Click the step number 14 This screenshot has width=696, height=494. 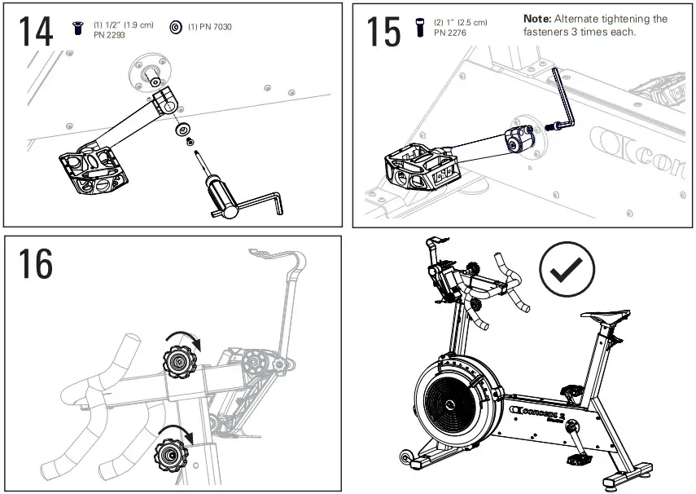[36, 32]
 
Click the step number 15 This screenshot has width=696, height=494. [383, 32]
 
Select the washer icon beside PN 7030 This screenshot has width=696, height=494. [175, 27]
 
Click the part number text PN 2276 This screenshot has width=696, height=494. [450, 33]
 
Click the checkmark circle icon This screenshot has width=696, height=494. [567, 271]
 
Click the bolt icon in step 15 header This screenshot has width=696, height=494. [420, 27]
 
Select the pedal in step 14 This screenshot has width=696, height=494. [95, 172]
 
